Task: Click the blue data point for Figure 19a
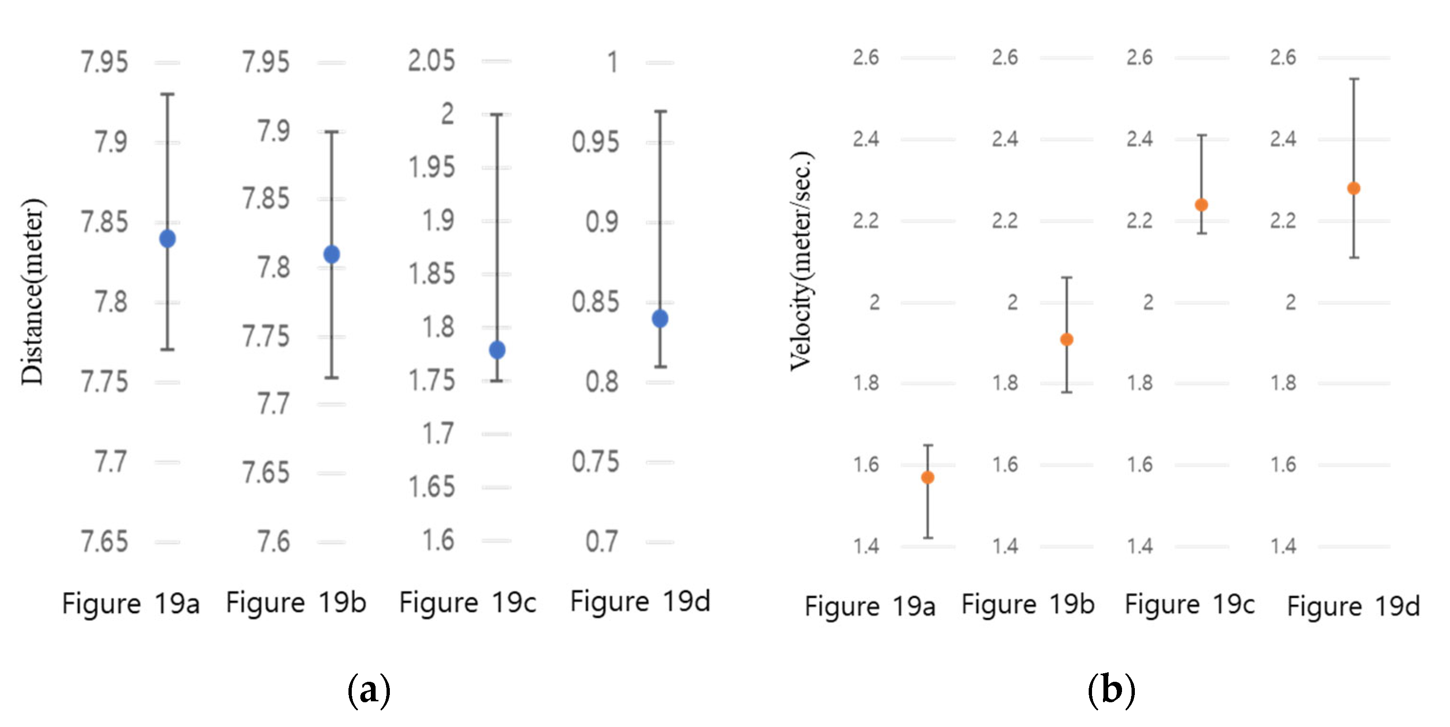click(x=167, y=238)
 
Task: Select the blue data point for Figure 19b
click(x=331, y=255)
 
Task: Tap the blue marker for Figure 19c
click(x=497, y=350)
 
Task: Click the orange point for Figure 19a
click(x=928, y=478)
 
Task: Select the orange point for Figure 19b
click(x=1067, y=339)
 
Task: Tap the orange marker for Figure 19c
click(x=1201, y=205)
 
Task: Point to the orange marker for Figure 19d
click(x=1354, y=188)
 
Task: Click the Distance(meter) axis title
click(x=32, y=292)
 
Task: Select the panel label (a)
click(x=369, y=689)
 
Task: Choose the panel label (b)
click(x=1111, y=689)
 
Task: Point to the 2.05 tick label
click(x=431, y=61)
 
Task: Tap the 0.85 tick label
click(x=596, y=302)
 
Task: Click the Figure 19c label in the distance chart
click(x=467, y=603)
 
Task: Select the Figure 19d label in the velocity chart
click(x=1353, y=606)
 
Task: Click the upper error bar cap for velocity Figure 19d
click(x=1354, y=79)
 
